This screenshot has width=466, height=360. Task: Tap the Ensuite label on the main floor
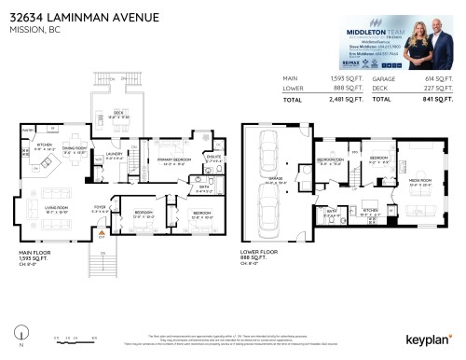pyautogui.click(x=213, y=159)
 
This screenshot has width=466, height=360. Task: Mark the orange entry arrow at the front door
pyautogui.click(x=103, y=236)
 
